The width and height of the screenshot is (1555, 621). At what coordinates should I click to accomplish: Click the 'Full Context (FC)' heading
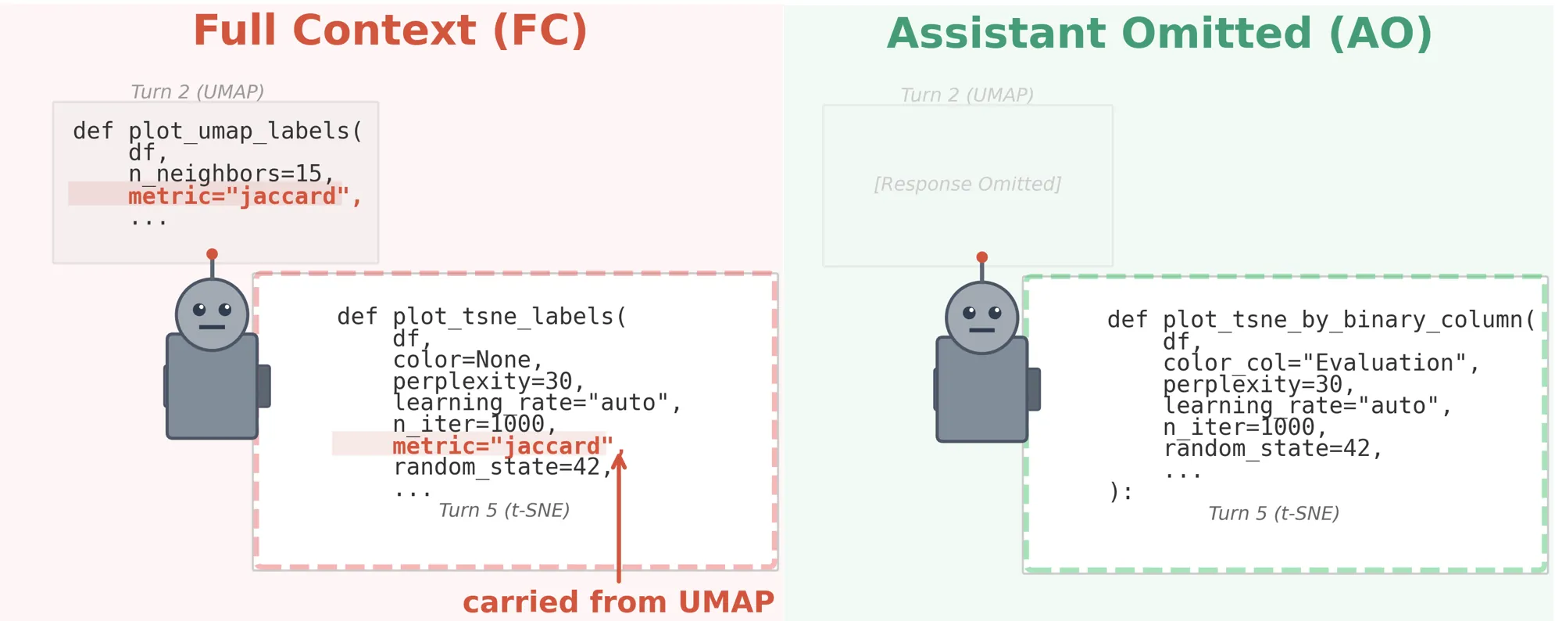tap(390, 31)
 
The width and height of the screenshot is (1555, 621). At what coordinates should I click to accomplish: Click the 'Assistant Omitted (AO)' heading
tap(1160, 34)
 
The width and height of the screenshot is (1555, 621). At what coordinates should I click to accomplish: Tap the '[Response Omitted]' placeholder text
tap(967, 185)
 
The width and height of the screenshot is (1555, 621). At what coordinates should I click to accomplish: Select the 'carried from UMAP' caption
tap(618, 602)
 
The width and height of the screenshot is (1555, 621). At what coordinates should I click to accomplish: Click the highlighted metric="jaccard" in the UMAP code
tap(234, 196)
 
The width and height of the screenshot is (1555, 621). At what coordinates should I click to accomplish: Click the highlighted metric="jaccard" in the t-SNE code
tap(502, 446)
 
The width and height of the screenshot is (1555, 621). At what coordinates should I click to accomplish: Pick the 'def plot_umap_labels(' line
tap(218, 131)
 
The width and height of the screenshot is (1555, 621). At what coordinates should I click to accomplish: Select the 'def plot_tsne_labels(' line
tap(481, 316)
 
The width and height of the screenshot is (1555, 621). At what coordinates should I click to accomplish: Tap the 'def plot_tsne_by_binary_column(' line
tap(1321, 319)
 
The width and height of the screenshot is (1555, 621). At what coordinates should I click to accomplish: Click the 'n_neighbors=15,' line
tap(231, 173)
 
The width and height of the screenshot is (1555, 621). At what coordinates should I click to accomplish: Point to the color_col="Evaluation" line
tap(1321, 363)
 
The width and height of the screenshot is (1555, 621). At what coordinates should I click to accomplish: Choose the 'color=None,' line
tap(467, 360)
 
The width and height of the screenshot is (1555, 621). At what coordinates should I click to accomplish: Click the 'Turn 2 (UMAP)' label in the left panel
tap(197, 92)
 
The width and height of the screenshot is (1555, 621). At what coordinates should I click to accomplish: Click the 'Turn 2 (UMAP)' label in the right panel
tap(967, 95)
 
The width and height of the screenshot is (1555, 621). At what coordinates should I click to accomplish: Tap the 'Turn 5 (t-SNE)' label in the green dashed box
tap(1274, 514)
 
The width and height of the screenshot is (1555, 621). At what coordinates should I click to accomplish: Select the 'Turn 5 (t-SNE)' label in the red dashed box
tap(504, 511)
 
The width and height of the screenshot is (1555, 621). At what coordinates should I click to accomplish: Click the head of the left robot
tap(212, 314)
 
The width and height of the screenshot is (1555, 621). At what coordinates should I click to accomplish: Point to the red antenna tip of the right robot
tap(982, 257)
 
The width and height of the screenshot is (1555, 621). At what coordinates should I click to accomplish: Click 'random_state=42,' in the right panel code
tap(1272, 449)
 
